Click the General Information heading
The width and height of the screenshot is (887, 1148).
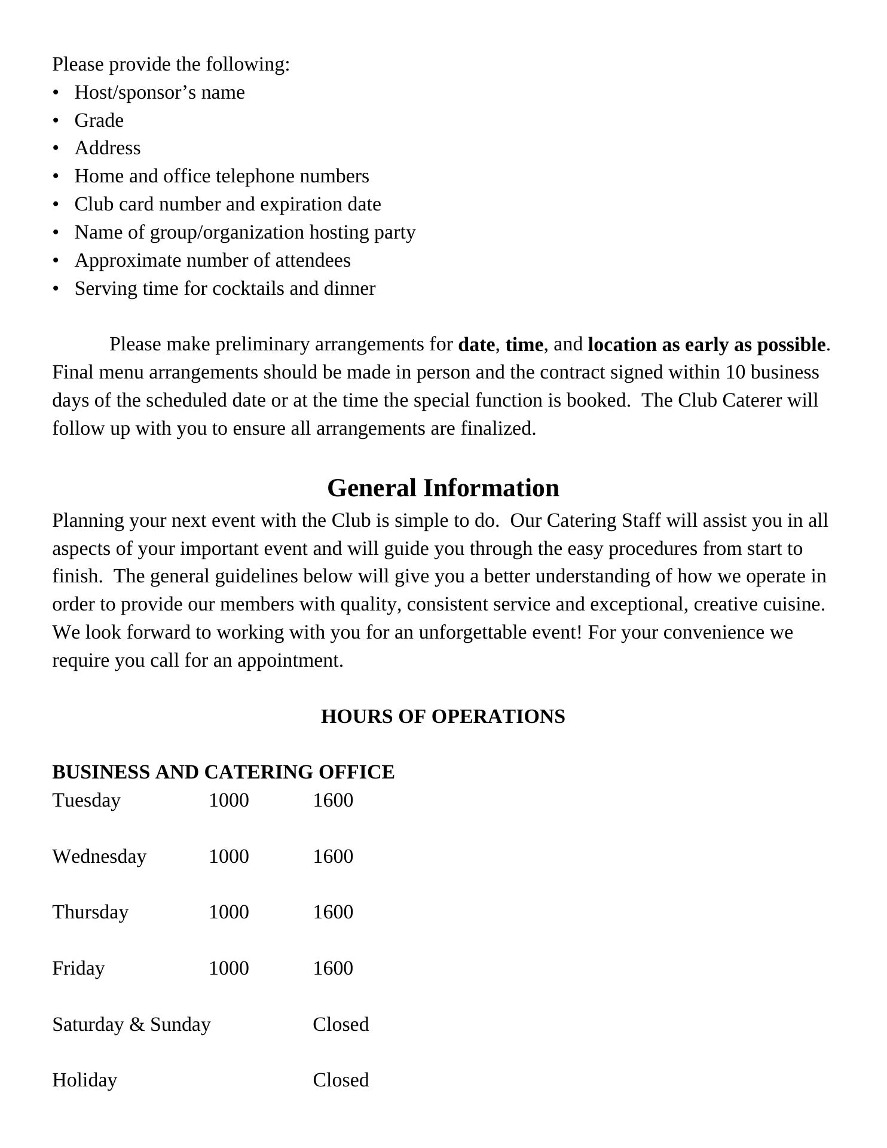(x=443, y=488)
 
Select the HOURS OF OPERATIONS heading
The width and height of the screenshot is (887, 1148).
(x=443, y=716)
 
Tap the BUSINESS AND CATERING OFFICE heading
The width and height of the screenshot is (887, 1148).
(x=223, y=772)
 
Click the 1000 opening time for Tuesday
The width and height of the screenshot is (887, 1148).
(x=228, y=800)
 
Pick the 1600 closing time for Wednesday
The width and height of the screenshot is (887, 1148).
(x=333, y=856)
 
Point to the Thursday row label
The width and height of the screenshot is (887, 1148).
(x=90, y=912)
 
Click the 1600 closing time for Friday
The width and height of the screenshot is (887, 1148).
(x=333, y=968)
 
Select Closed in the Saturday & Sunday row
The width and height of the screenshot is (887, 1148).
(x=341, y=1024)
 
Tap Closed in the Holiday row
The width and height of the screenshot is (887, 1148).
(x=341, y=1080)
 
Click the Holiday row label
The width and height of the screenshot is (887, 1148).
(x=84, y=1080)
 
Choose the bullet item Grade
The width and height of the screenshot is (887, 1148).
(x=99, y=120)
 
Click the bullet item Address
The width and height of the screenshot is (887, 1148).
(x=108, y=148)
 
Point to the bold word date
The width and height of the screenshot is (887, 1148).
(x=476, y=345)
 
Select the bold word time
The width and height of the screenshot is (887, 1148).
(x=524, y=345)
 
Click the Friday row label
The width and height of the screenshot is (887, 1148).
(x=78, y=968)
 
